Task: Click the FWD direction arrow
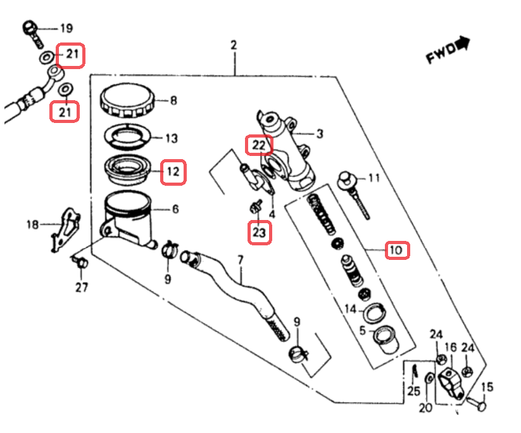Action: coord(464,43)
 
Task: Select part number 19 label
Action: coord(66,28)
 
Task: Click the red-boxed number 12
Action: coord(173,171)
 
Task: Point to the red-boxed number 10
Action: coord(396,250)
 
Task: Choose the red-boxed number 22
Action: coord(259,145)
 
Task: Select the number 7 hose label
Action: coord(241,261)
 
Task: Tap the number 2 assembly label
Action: coord(234,46)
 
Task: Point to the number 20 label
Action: coord(425,407)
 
